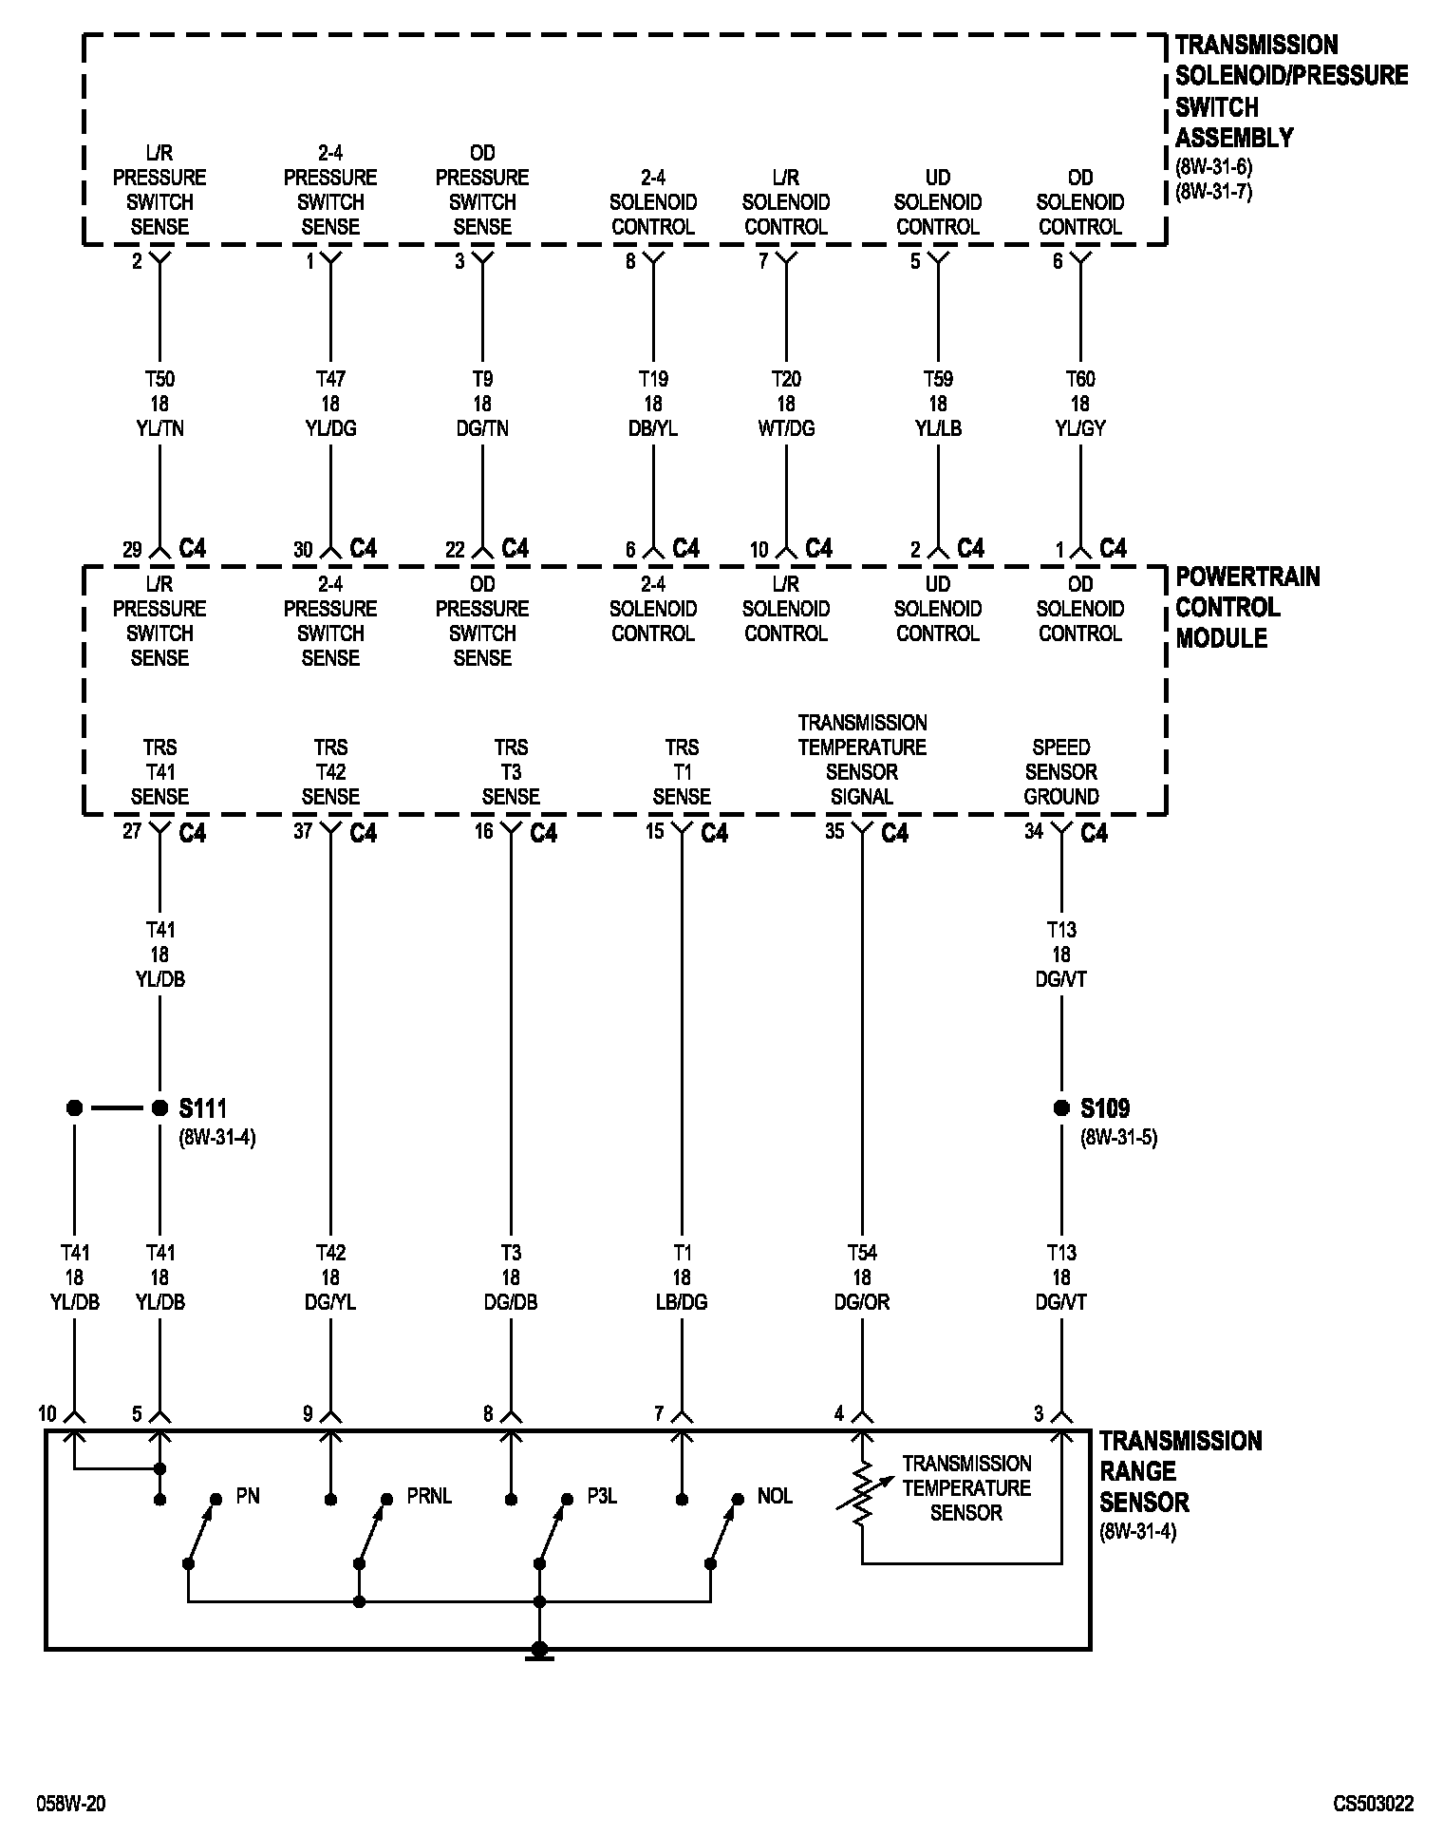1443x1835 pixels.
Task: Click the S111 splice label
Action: (x=202, y=1107)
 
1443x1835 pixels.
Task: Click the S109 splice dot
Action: (x=1061, y=1107)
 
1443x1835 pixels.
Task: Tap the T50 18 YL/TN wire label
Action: (x=159, y=404)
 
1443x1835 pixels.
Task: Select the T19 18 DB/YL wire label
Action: (x=653, y=404)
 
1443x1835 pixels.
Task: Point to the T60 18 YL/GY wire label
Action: (x=1080, y=404)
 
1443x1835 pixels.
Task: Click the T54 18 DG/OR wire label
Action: (x=862, y=1277)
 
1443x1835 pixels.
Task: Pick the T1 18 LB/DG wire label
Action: (x=682, y=1277)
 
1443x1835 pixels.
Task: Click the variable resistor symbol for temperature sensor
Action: (x=862, y=1495)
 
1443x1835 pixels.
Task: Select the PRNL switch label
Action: (x=429, y=1497)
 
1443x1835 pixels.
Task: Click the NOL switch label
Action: (x=776, y=1497)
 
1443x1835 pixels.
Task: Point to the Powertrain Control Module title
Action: (x=1246, y=607)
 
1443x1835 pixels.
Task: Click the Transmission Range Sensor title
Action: (x=1180, y=1471)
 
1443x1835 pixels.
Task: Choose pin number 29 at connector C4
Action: (x=132, y=550)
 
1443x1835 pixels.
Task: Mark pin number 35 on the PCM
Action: (x=834, y=832)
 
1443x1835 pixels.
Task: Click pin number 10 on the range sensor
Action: (x=47, y=1414)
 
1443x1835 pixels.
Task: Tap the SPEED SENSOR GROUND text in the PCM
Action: (x=1061, y=772)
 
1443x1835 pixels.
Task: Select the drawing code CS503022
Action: (x=1373, y=1804)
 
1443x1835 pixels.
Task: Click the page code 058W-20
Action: (x=71, y=1804)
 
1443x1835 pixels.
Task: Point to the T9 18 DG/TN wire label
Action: (x=482, y=404)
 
